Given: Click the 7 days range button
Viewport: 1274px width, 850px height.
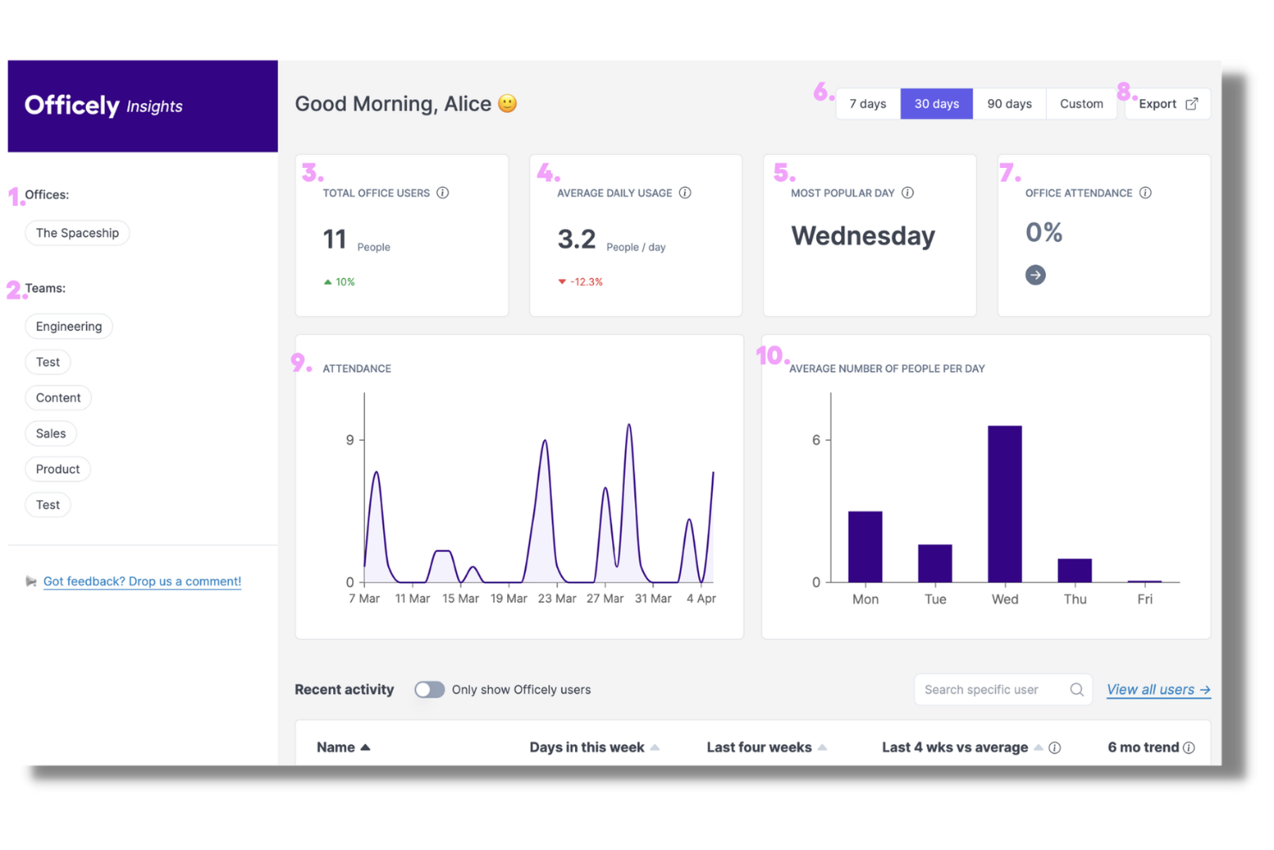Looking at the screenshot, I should click(x=868, y=104).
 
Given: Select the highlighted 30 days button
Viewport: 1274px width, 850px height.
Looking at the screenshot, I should click(x=937, y=104).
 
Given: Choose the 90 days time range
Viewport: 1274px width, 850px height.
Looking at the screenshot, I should click(x=1009, y=104).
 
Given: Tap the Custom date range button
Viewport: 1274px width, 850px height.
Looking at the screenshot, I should click(x=1081, y=104).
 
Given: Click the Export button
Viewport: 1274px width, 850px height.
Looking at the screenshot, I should click(x=1167, y=104).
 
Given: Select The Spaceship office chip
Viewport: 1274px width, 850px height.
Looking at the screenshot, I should click(x=77, y=233).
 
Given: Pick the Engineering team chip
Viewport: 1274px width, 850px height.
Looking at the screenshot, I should click(x=69, y=326).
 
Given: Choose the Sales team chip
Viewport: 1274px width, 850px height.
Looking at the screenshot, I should click(x=51, y=434).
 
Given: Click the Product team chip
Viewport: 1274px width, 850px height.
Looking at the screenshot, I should click(x=58, y=469).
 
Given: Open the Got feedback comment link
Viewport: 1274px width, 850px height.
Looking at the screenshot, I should click(x=142, y=582).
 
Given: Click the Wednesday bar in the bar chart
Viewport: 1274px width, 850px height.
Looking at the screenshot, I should click(x=1005, y=504).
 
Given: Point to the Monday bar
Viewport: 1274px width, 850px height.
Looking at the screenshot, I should click(x=865, y=547).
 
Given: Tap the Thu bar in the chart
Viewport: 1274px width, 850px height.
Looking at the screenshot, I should click(x=1074, y=570).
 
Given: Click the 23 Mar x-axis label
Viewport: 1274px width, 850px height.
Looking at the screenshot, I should click(x=557, y=599).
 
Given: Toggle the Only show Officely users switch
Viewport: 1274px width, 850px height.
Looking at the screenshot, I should click(x=430, y=690).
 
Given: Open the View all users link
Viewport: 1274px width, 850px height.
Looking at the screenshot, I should click(x=1158, y=690).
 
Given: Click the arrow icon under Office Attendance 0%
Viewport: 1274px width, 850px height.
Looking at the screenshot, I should click(x=1036, y=276).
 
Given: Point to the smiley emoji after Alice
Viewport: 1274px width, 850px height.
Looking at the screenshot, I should click(x=508, y=104).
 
